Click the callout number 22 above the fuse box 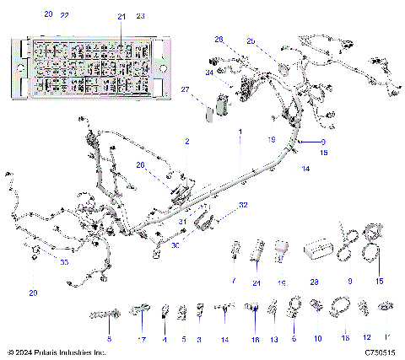pos(65,16)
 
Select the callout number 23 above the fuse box pos(140,16)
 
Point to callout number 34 pos(208,73)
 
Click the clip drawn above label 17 pos(140,313)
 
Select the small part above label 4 pos(165,313)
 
